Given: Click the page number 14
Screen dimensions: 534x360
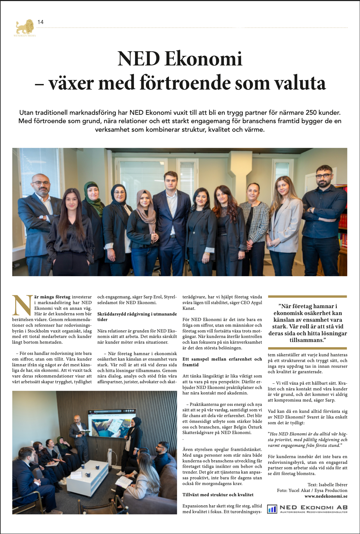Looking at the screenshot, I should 40,22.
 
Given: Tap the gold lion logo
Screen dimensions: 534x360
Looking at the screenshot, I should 25,27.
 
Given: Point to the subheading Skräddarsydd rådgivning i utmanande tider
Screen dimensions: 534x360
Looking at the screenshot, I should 137,317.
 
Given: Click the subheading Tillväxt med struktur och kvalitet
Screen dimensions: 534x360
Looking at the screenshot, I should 218,495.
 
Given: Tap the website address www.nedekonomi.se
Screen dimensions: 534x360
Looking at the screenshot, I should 326,496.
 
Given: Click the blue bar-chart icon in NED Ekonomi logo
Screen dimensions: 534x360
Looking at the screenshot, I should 272,509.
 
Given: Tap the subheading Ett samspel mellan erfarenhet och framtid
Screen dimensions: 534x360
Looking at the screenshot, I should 222,362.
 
